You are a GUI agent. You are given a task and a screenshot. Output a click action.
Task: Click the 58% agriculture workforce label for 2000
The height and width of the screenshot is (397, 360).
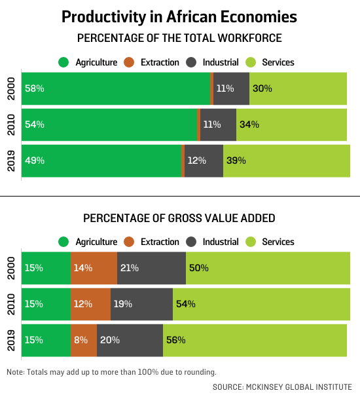(x=34, y=88)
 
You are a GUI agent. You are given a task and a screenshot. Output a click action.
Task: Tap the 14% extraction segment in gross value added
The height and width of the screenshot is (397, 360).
(x=94, y=268)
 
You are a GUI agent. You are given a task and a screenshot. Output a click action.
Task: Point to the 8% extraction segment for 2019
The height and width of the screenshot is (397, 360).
(x=83, y=340)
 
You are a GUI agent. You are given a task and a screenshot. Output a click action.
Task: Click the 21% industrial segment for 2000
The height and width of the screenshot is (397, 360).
(x=151, y=268)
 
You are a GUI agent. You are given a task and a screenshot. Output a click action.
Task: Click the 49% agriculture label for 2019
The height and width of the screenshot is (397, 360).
(x=34, y=161)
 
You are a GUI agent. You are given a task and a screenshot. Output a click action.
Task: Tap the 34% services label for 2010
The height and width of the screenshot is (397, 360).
(x=249, y=124)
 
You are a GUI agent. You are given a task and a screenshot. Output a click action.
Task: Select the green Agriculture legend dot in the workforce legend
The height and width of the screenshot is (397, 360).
(x=63, y=62)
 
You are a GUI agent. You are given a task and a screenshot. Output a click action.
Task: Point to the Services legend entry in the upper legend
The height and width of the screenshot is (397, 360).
(x=271, y=62)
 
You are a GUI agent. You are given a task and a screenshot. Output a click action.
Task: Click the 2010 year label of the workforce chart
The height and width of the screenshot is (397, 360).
(x=11, y=124)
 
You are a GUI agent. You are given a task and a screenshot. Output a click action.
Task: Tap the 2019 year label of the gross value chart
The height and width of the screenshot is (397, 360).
(x=11, y=340)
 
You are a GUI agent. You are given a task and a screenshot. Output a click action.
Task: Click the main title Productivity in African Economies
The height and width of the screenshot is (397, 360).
(x=180, y=16)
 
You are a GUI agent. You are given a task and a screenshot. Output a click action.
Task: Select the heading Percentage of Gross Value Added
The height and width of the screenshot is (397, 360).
(x=180, y=217)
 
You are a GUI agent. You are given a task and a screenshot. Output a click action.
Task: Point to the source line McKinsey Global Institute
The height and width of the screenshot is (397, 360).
(x=282, y=387)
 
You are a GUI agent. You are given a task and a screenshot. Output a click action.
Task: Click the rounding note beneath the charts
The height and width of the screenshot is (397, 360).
(x=111, y=372)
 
